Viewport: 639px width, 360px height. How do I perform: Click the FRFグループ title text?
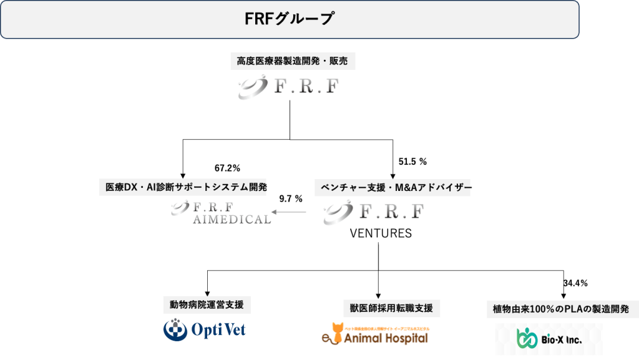pyautogui.click(x=289, y=19)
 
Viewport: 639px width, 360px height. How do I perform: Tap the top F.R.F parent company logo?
pyautogui.click(x=289, y=87)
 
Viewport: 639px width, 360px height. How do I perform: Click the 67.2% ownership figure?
pyautogui.click(x=227, y=168)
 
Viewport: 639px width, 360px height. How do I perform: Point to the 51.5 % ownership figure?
pyautogui.click(x=412, y=162)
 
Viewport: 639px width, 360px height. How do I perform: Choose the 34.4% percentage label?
pyautogui.click(x=575, y=284)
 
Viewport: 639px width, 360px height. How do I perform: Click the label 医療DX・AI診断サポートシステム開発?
pyautogui.click(x=183, y=187)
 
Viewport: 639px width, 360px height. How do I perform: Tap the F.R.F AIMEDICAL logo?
pyautogui.click(x=222, y=213)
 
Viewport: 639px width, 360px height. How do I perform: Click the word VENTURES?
pyautogui.click(x=381, y=234)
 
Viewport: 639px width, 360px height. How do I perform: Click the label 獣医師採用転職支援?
pyautogui.click(x=391, y=308)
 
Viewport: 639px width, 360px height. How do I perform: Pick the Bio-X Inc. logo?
pyautogui.click(x=549, y=338)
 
